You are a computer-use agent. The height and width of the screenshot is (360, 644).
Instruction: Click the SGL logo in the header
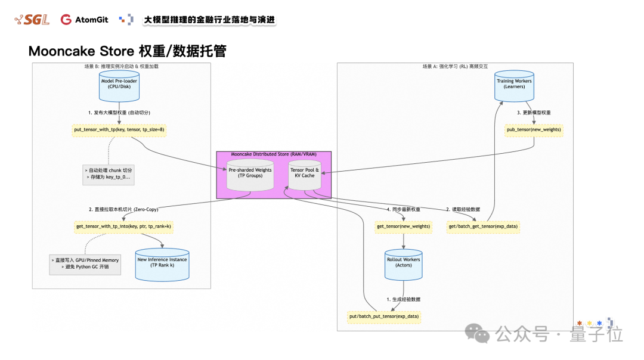32,20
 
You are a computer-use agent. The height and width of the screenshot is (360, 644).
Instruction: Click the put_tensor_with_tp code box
119,129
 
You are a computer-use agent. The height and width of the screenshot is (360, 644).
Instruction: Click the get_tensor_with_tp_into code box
124,226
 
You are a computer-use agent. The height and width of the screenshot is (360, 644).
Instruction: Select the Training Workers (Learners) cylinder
514,85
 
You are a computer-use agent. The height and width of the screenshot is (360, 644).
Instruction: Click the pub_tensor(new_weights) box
533,129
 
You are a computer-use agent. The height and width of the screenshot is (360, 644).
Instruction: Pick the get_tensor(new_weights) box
404,226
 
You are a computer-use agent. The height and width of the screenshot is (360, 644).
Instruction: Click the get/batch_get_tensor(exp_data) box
483,226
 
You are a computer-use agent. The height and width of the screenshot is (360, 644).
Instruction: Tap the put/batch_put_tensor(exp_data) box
384,316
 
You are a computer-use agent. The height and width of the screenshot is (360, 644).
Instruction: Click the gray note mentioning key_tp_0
108,173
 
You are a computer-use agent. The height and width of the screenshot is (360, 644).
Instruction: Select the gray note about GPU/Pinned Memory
85,264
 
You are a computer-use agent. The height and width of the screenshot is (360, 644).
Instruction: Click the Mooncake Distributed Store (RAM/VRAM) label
274,154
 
